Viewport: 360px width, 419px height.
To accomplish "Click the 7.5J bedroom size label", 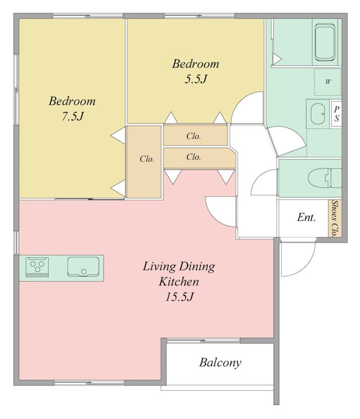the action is coord(73,116).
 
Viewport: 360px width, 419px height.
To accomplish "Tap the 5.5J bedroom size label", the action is coord(196,79).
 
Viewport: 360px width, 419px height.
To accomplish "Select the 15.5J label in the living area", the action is coord(179,296).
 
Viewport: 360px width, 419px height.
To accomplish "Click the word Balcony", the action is coord(220,362).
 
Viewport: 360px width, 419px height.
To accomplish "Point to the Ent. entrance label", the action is coord(306,217).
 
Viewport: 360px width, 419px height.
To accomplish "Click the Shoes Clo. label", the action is coord(335,218).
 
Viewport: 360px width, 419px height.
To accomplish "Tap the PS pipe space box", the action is coord(336,114).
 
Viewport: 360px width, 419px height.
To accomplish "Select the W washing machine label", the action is coord(328,82).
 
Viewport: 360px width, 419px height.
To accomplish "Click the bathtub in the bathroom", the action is coord(325,42).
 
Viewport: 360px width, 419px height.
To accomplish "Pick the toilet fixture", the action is coord(325,178).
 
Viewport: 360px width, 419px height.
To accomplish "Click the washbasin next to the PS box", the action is coord(318,114).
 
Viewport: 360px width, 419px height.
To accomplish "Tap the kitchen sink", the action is coord(83,267).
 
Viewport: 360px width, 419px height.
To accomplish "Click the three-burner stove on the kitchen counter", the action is coord(37,267).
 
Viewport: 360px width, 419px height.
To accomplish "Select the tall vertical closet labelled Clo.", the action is coord(144,162).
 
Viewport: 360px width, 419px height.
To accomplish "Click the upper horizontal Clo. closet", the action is coord(195,136).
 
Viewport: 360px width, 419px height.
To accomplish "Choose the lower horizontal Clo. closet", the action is coord(199,158).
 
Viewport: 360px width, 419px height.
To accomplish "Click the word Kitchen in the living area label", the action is coord(179,282).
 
